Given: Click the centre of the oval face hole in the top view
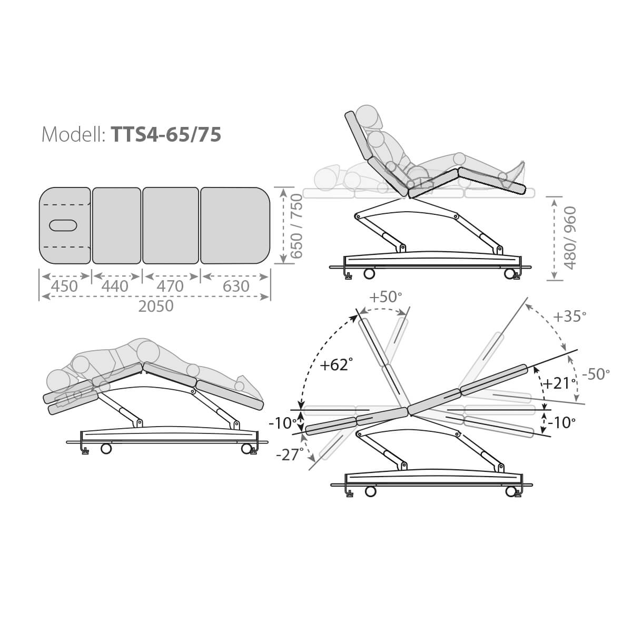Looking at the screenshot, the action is point(63,225).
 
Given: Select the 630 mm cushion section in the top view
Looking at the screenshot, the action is point(235,225).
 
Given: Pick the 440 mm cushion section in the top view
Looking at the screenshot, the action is point(116,225).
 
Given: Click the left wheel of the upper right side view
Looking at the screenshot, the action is point(369,273).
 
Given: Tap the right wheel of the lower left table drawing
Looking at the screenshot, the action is point(246,448).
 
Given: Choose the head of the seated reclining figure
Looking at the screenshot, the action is point(370,117).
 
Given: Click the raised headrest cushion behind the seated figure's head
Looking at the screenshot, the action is point(358,136).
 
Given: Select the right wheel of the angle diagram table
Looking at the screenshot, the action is point(511,491).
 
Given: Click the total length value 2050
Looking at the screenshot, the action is point(156,307).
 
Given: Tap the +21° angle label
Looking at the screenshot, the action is point(559,383).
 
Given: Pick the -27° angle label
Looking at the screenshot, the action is point(290,455).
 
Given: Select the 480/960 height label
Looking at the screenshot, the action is point(571,239).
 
